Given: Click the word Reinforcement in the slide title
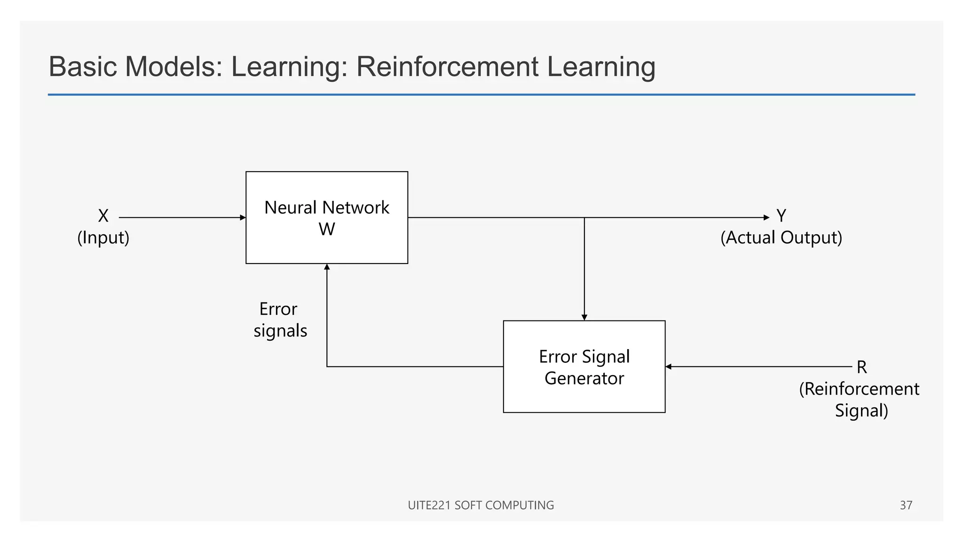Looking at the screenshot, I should point(447,66).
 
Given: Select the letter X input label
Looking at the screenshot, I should point(103,216).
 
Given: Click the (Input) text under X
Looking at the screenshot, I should point(103,238).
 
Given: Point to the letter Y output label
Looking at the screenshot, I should point(781,216).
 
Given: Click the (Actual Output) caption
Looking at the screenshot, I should point(781,238).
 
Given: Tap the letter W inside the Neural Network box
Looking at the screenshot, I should point(327,230).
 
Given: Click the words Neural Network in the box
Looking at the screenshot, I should point(327,207).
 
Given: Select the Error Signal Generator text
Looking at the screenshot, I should point(584,367).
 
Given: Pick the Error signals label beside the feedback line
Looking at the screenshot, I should point(280,320).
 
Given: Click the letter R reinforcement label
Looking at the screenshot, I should point(861,367).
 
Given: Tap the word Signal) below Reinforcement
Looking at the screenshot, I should point(861,411).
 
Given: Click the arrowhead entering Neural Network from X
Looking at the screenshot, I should point(243,217).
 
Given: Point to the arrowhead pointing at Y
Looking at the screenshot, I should point(766,217).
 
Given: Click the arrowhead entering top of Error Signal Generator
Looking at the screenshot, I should point(584,318).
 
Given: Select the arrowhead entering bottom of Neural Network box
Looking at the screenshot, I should point(327,267).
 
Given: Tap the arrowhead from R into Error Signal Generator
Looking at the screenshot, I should point(669,367).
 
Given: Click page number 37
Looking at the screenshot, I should point(906,505).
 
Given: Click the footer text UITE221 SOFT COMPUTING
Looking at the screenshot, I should point(481,505).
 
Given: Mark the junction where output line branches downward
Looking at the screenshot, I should point(584,217).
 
